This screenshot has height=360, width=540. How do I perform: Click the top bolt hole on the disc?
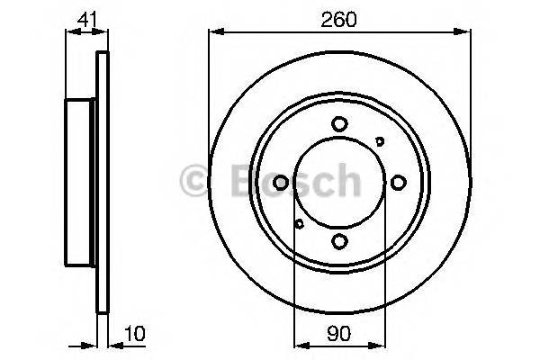339,124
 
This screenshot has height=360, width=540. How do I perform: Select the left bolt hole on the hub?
281,183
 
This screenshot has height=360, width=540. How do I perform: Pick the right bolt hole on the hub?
398,183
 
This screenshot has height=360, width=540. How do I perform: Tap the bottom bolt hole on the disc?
339,240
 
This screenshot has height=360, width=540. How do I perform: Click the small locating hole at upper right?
379,140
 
